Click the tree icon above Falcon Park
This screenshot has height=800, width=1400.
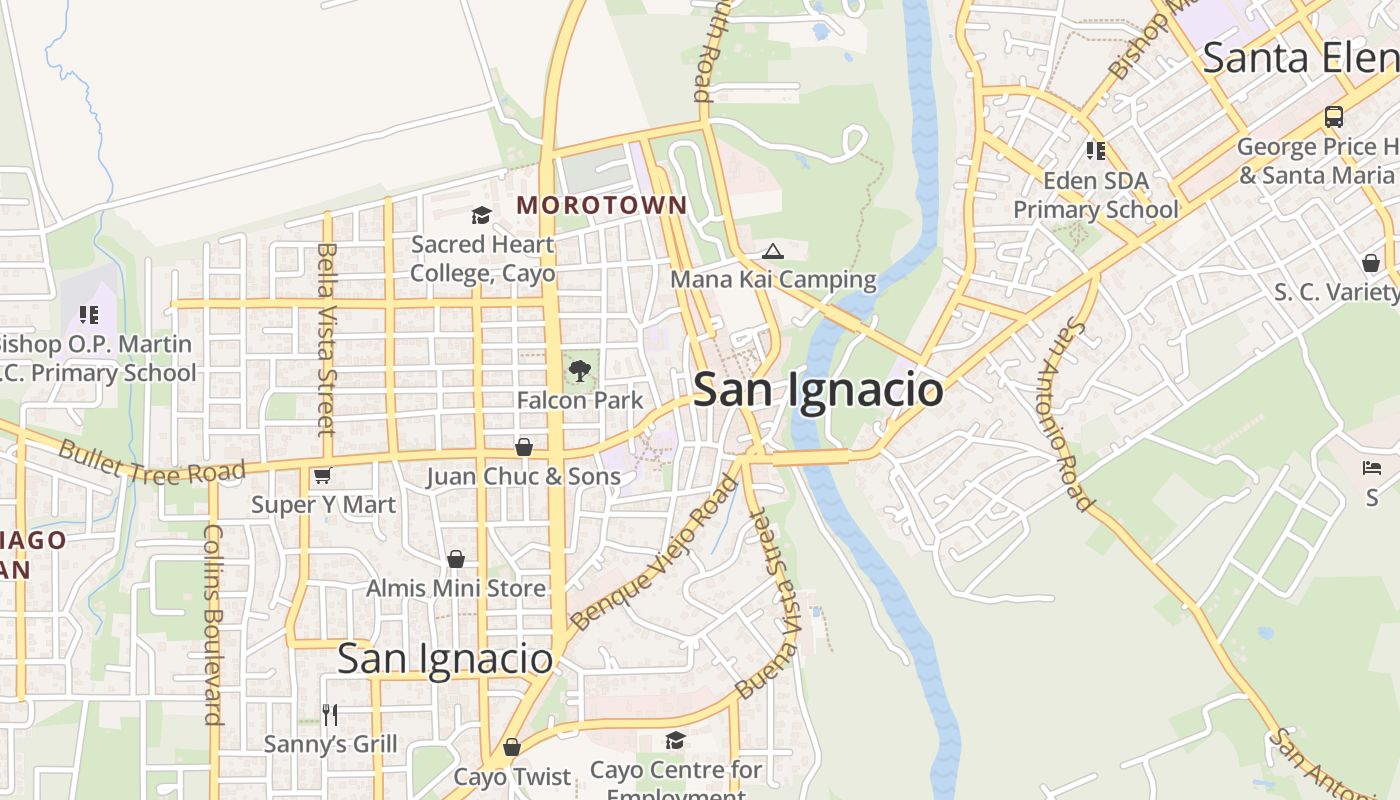(x=579, y=372)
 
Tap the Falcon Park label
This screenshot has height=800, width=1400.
(x=580, y=400)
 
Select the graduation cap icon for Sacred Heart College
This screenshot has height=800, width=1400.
(x=481, y=216)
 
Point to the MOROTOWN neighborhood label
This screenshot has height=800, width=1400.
(x=601, y=205)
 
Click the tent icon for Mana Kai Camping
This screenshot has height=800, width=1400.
(x=772, y=251)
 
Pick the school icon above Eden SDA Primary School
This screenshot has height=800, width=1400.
(x=1095, y=151)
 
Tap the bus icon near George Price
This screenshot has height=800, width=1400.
(x=1334, y=117)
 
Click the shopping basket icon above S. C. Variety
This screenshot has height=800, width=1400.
(x=1371, y=263)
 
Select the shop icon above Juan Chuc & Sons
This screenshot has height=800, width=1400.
(x=523, y=447)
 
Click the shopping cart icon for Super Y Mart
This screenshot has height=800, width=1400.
(x=322, y=476)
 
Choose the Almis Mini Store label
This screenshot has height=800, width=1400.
(x=456, y=588)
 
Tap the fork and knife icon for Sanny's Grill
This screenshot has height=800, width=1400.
(x=330, y=714)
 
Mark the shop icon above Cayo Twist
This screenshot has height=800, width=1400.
(x=512, y=747)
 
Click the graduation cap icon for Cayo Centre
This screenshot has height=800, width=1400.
(x=676, y=740)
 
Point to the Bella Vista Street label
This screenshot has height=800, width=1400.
(x=325, y=339)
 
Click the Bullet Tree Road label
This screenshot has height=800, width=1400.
(x=151, y=461)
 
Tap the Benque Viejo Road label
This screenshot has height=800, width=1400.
(x=655, y=555)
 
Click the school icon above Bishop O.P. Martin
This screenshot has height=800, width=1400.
(x=89, y=315)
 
